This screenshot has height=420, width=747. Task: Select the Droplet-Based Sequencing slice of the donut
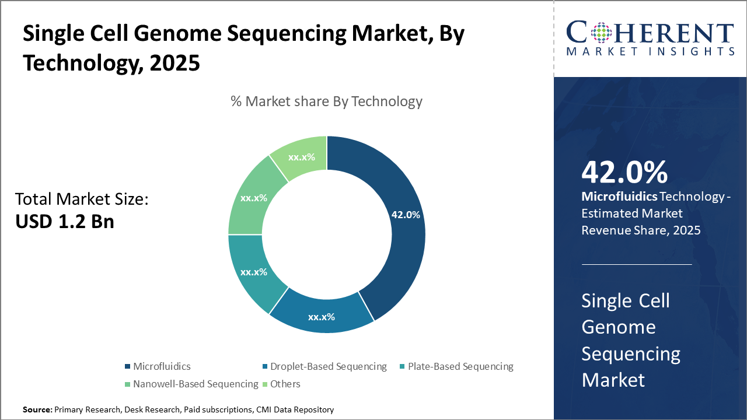(321, 315)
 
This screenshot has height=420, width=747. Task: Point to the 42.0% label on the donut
(406, 215)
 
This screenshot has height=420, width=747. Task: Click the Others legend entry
(285, 384)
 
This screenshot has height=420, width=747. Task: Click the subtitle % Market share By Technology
(326, 101)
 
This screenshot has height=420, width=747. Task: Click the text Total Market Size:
(82, 199)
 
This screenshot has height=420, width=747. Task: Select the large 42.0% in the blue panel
(624, 172)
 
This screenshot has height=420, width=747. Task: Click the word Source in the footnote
(37, 410)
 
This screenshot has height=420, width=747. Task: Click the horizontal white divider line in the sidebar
(637, 264)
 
